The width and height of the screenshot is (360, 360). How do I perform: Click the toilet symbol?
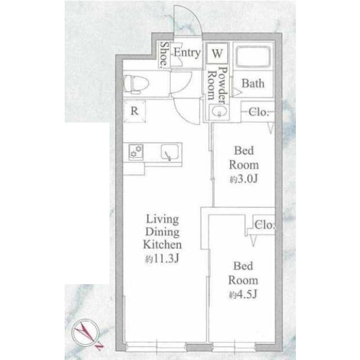coord(136,84)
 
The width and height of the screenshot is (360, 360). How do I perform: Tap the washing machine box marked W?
coord(217,53)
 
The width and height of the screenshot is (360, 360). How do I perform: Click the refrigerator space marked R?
coord(134,111)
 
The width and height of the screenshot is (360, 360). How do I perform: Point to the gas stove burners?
coord(136,151)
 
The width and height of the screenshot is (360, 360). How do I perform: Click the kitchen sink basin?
coord(170,152)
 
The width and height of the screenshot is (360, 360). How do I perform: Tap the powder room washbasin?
coord(219,111)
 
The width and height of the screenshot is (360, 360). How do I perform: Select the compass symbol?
coord(87,334)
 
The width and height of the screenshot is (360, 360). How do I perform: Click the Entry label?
coord(187,53)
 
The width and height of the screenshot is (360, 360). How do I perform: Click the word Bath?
coord(253,83)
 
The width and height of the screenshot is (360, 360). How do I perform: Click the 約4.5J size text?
coord(243,294)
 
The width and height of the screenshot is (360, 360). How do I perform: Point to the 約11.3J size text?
coord(162,259)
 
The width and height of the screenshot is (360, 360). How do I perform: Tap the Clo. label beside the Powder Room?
coord(259,112)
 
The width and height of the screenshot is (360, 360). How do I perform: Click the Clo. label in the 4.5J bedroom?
coord(264,225)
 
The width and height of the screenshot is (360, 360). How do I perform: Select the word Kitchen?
coord(163,245)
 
